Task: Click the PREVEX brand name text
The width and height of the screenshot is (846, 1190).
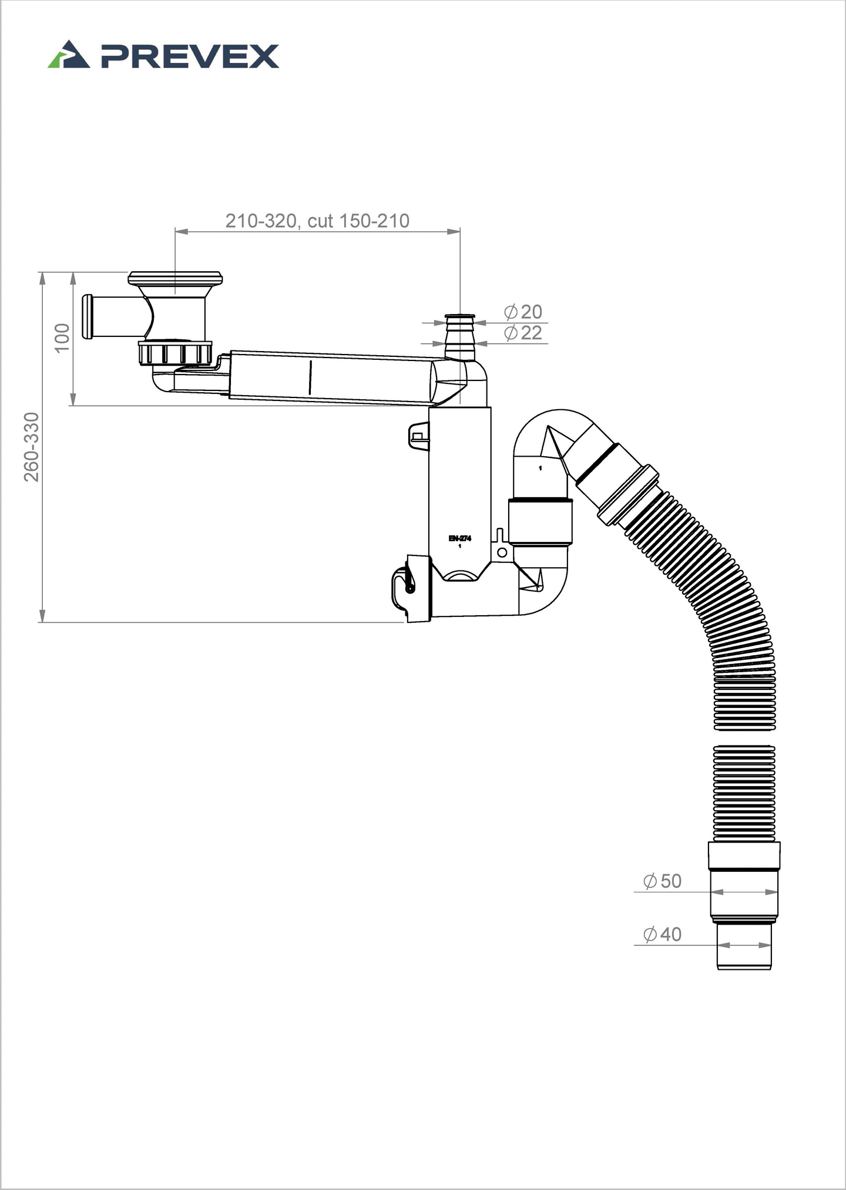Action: point(190,56)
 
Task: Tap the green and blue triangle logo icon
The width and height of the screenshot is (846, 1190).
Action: point(69,55)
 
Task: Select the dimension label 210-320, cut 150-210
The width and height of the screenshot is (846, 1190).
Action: point(317,221)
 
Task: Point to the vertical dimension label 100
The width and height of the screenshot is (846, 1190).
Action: point(62,338)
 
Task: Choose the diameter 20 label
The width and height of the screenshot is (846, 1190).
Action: point(523,312)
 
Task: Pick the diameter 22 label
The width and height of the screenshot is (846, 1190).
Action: point(523,333)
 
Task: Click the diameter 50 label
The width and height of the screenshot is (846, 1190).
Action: point(662,881)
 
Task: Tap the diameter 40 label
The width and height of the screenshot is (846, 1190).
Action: point(662,934)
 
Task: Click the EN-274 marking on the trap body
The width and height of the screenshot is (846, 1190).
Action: point(459,538)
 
